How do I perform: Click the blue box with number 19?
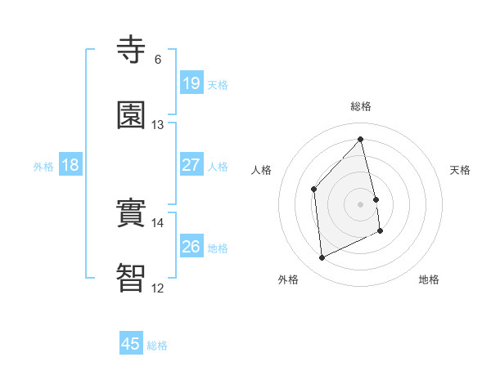tap(191, 83)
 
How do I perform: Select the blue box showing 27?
tap(191, 165)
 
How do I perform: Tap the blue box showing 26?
tap(191, 247)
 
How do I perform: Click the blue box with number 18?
tap(70, 165)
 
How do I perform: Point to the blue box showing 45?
tap(131, 344)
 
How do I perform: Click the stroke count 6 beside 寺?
tap(158, 60)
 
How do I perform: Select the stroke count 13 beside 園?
tap(157, 125)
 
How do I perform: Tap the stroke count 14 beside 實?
tap(157, 223)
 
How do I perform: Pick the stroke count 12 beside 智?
tap(157, 288)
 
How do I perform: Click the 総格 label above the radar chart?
tap(361, 106)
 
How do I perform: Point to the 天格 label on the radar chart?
tap(461, 170)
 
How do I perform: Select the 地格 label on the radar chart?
tap(429, 279)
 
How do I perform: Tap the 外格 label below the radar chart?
tap(288, 279)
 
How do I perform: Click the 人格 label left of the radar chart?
tap(262, 170)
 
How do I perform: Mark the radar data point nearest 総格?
tap(361, 140)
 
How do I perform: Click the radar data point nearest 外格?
tap(322, 258)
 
